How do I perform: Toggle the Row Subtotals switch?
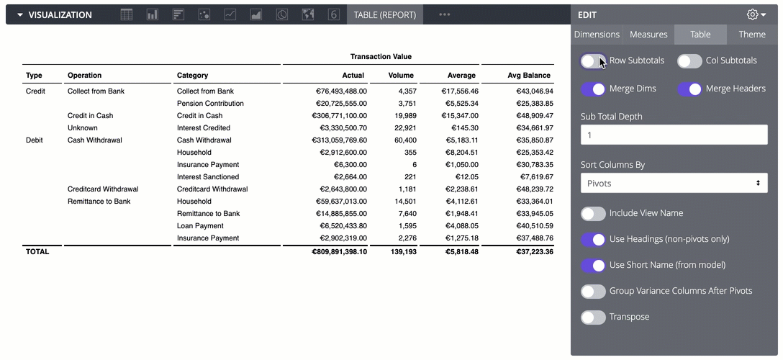593,61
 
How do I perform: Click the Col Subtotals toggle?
689,61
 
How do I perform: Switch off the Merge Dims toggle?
593,89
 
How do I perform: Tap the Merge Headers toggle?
689,89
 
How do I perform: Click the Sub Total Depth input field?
674,135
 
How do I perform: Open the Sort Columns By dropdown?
674,184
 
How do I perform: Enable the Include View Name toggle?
593,214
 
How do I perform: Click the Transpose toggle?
593,318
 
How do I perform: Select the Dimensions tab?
597,35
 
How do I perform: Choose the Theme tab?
752,35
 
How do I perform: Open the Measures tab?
648,35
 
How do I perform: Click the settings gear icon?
753,14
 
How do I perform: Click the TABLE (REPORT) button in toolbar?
385,14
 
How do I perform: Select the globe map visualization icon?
308,14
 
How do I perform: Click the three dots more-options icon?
445,14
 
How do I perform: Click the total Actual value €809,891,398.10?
339,252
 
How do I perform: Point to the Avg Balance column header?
529,76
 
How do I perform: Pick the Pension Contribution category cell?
210,104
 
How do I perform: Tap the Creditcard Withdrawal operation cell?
102,189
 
